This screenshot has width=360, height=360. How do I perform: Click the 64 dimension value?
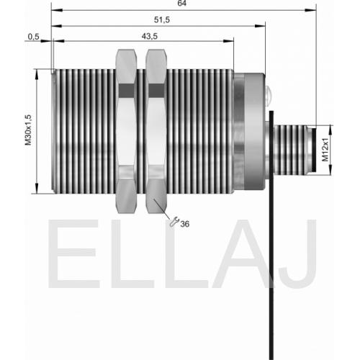tap(182, 4)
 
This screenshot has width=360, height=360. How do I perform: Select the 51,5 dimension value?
tap(162, 19)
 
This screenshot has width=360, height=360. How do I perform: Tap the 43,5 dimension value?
tap(150, 36)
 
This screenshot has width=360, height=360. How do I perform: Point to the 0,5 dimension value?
tap(33, 37)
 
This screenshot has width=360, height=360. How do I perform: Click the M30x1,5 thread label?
tap(29, 130)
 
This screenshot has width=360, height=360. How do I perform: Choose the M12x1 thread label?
tap(325, 150)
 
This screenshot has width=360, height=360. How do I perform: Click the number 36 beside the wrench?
tap(185, 224)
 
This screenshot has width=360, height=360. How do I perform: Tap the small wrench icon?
tap(174, 221)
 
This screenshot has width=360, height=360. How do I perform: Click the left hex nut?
tap(126, 131)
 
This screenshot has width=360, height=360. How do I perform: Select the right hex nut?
tap(156, 131)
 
